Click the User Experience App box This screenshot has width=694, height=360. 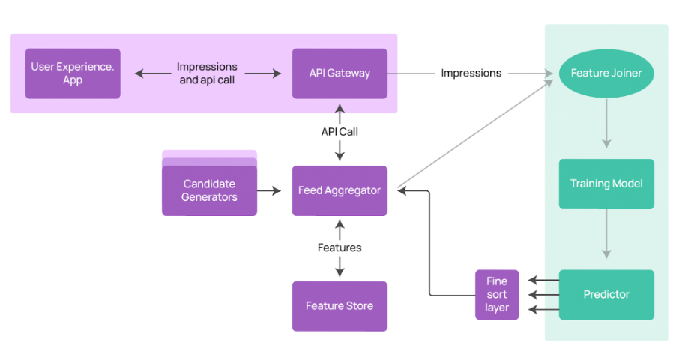click(x=73, y=73)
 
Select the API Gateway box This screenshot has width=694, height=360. click(x=340, y=73)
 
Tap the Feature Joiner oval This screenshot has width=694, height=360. click(x=606, y=73)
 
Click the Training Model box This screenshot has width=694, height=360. click(x=606, y=184)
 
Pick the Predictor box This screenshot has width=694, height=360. click(x=606, y=294)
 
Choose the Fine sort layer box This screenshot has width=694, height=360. click(x=497, y=294)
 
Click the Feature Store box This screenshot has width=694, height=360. click(x=340, y=306)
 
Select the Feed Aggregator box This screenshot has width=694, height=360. click(x=340, y=190)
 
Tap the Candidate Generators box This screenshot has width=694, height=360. click(x=209, y=190)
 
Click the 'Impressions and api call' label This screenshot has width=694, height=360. click(x=207, y=73)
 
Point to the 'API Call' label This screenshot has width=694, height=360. click(x=340, y=132)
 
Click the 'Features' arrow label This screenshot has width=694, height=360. click(x=340, y=247)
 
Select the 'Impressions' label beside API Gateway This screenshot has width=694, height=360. click(x=471, y=73)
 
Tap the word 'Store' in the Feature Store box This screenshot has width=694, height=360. click(x=360, y=306)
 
